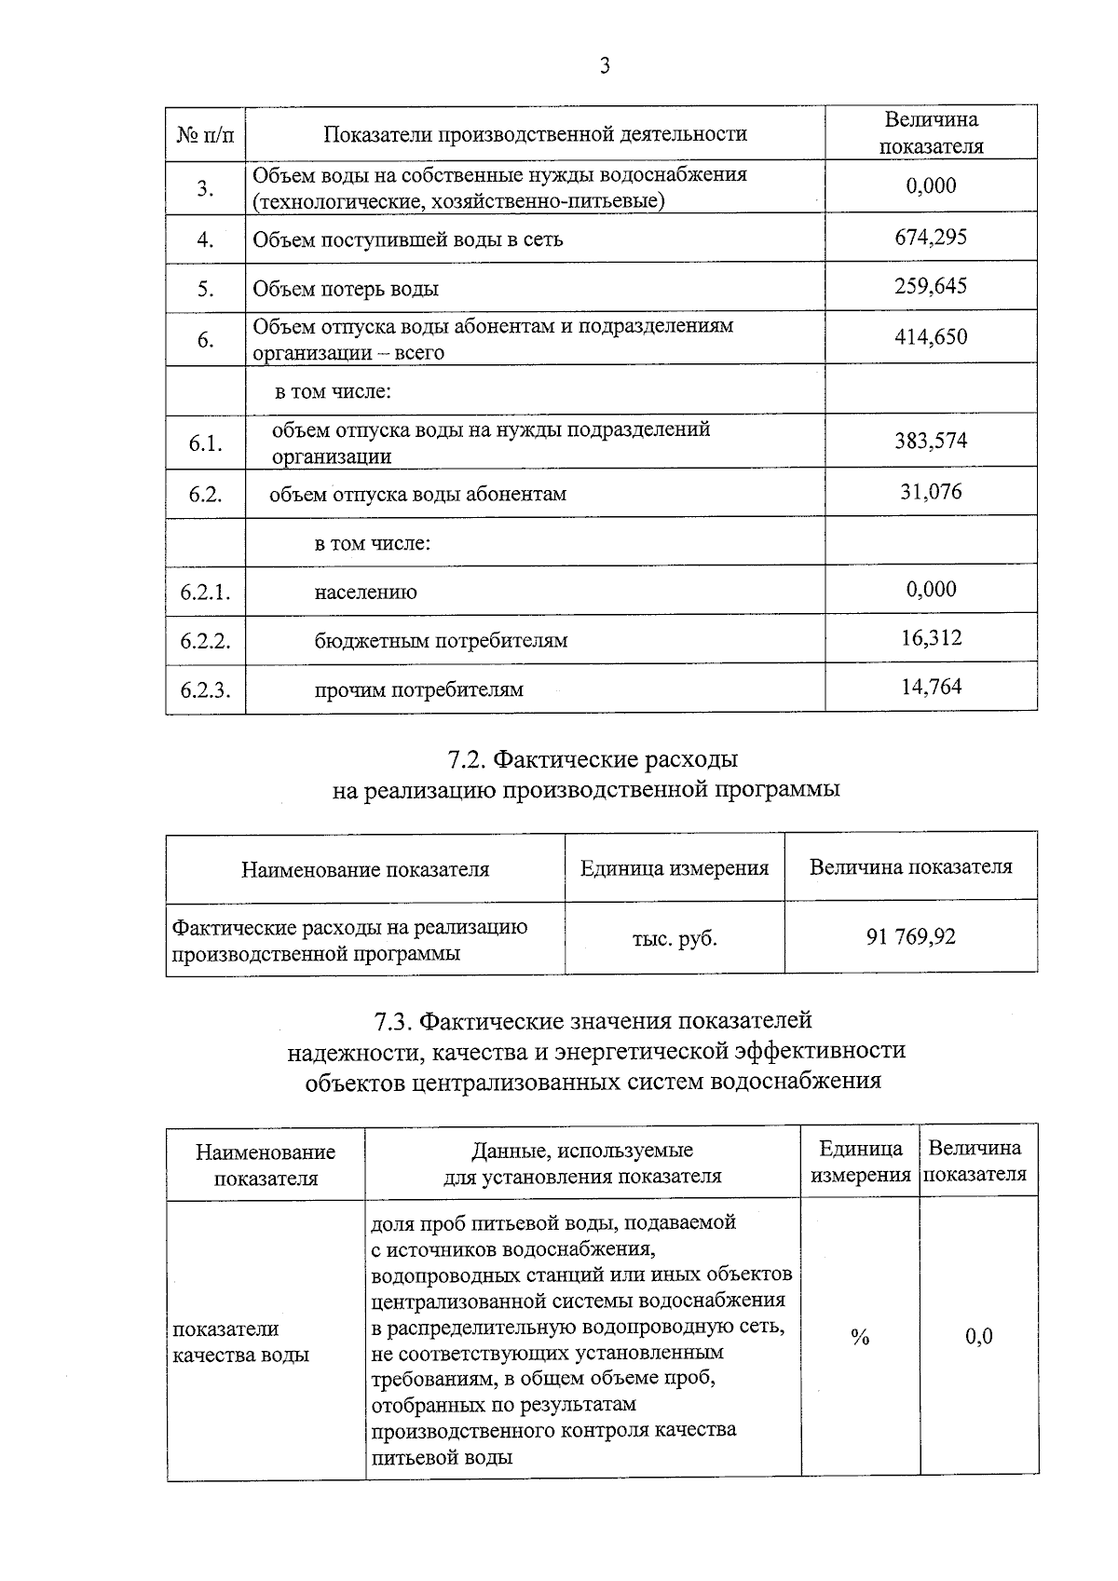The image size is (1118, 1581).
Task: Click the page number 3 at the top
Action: click(605, 65)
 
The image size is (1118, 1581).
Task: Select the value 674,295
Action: click(931, 238)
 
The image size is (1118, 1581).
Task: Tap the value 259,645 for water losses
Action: click(931, 286)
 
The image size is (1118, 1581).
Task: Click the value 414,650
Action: click(931, 337)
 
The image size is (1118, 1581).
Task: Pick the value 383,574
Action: click(931, 441)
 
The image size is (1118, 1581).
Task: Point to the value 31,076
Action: click(931, 491)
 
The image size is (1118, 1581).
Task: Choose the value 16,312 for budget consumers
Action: click(931, 638)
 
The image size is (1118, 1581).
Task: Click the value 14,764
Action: click(931, 688)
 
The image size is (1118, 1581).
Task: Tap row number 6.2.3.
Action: click(205, 690)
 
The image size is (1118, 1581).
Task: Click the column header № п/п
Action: click(205, 134)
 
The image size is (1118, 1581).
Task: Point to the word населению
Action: click(365, 593)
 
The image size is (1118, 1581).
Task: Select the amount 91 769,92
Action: click(910, 937)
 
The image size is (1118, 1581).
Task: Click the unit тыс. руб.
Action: click(675, 938)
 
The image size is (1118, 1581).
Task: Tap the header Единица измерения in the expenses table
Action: click(675, 868)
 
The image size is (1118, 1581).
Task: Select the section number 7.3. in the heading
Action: click(393, 1022)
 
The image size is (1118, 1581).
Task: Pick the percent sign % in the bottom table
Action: click(860, 1338)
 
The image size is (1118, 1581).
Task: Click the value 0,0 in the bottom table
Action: click(978, 1337)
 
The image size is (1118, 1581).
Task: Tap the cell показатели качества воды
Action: click(241, 1342)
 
